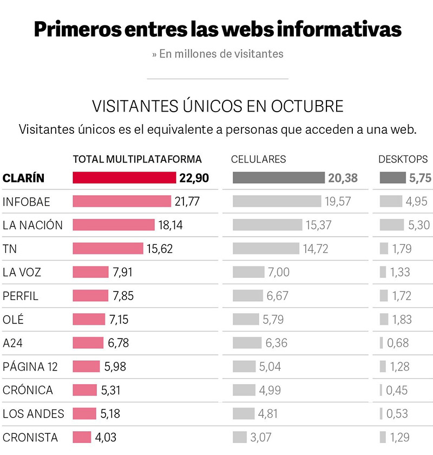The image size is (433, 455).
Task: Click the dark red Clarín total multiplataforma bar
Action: click(x=124, y=178)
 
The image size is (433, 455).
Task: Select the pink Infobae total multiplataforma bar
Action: click(x=122, y=201)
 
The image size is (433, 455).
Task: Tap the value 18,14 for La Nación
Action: click(x=170, y=225)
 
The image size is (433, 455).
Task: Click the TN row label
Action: click(x=10, y=249)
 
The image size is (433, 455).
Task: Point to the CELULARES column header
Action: click(x=258, y=159)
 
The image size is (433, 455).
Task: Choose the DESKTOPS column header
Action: click(x=403, y=159)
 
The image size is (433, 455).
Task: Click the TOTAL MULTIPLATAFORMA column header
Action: click(x=137, y=159)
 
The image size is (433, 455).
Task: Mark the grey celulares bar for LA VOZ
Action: click(x=248, y=272)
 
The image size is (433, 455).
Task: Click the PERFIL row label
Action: click(x=21, y=296)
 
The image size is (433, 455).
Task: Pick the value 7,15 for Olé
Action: click(x=119, y=319)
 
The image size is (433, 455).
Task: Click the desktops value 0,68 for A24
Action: click(x=398, y=343)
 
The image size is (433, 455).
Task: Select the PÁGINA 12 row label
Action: click(x=30, y=367)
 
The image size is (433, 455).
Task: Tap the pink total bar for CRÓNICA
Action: click(x=85, y=390)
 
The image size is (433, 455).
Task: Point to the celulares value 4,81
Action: click(x=270, y=414)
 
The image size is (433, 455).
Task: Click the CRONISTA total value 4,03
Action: click(x=106, y=437)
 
